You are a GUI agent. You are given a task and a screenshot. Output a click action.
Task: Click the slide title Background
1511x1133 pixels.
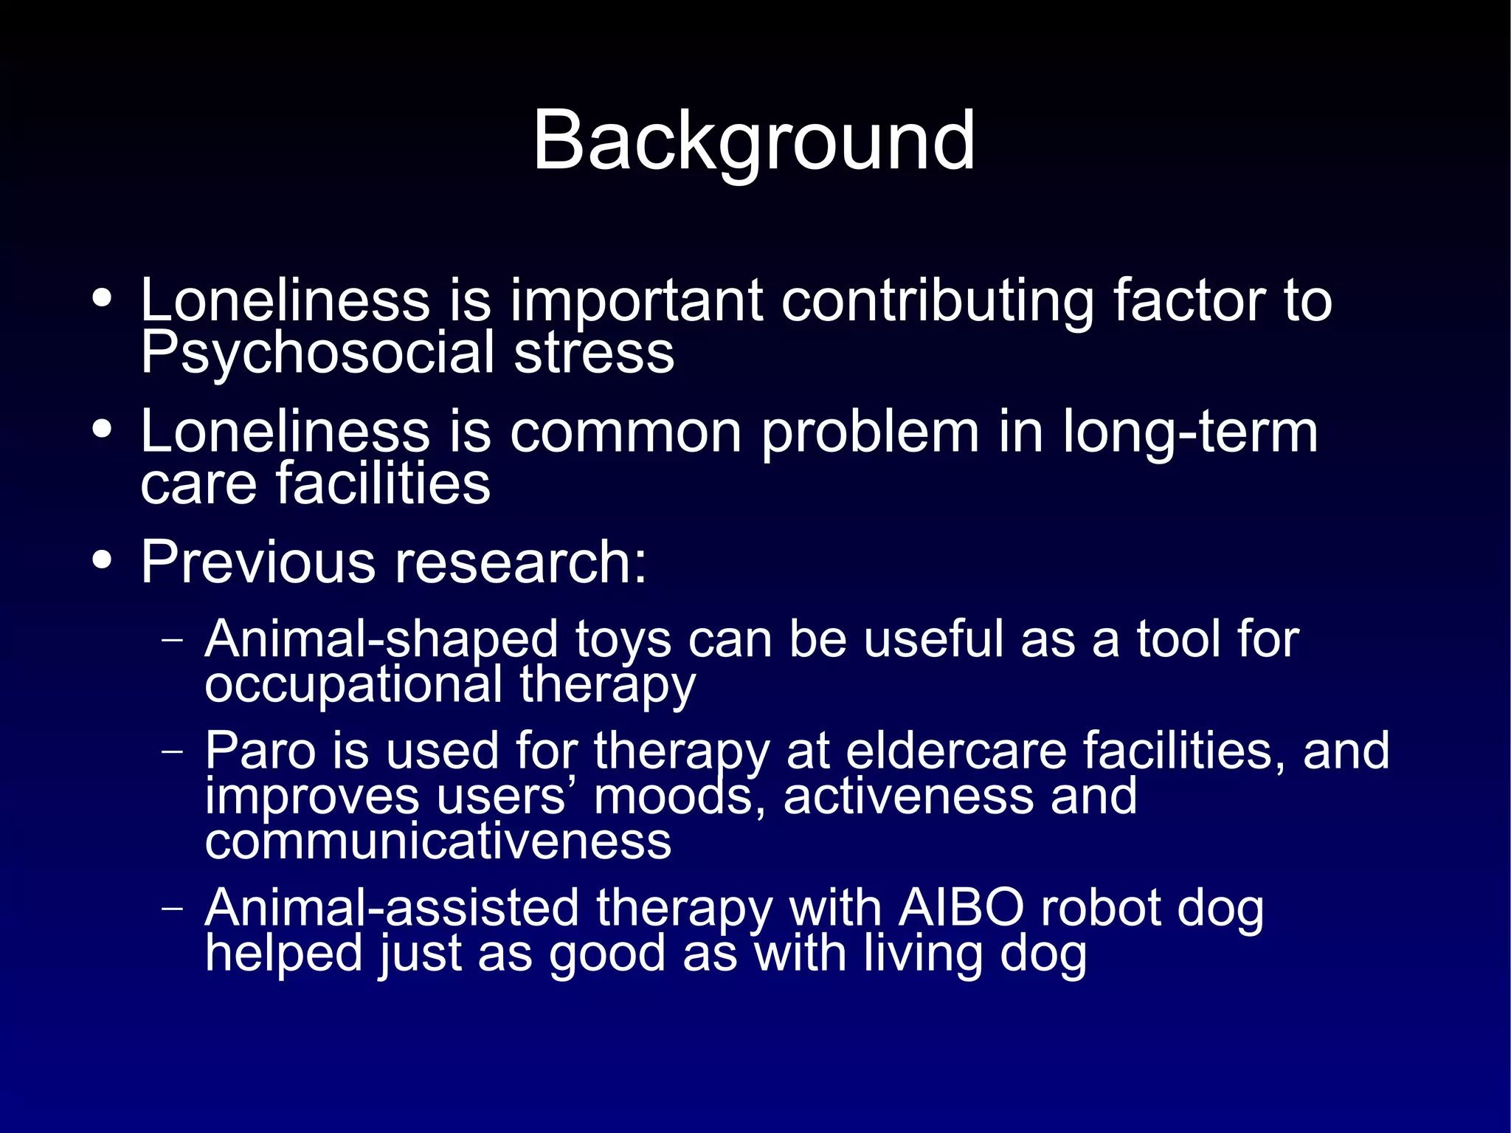[x=753, y=140]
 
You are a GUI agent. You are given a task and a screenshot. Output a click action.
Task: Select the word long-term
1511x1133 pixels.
[x=1189, y=433]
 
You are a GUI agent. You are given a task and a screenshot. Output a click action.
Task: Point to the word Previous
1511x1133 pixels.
[x=258, y=562]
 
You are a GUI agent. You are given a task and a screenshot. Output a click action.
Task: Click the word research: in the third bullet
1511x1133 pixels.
[x=521, y=562]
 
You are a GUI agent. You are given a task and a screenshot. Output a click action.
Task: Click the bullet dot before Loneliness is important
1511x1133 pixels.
[x=103, y=298]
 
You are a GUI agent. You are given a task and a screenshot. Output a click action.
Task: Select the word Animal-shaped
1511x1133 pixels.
[x=381, y=639]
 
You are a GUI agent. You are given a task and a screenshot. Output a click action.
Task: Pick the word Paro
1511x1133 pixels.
[x=260, y=751]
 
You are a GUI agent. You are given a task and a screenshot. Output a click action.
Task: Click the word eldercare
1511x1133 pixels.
[x=955, y=751]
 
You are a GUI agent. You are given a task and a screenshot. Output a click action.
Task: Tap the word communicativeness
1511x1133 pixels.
[x=438, y=841]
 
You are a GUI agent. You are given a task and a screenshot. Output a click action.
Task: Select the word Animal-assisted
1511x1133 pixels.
[x=392, y=908]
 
